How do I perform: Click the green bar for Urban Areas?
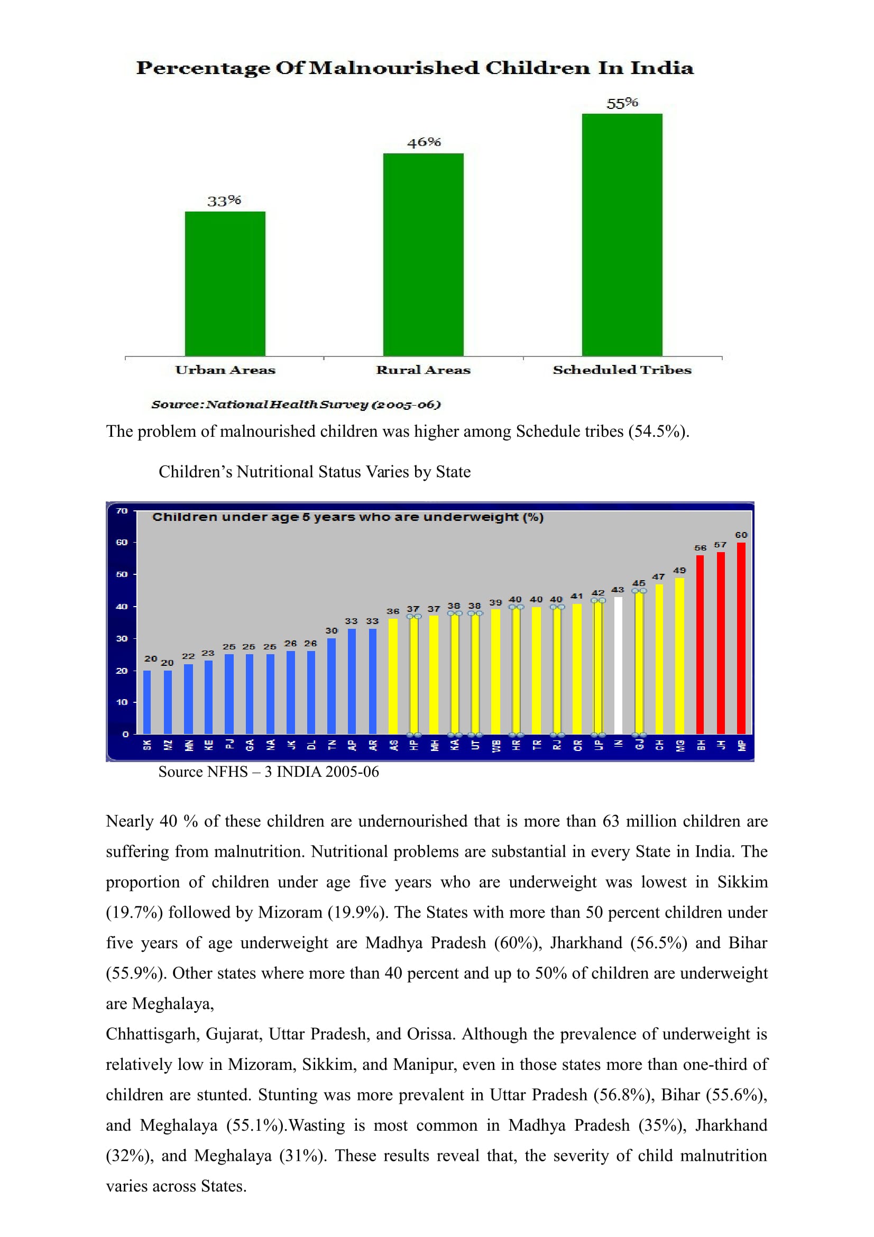click(225, 283)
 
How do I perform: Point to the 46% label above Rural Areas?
click(424, 142)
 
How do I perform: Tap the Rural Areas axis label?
click(424, 370)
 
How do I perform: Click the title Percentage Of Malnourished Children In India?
click(415, 68)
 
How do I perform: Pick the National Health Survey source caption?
click(296, 405)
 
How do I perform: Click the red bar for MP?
click(741, 638)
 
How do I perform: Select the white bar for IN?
click(618, 665)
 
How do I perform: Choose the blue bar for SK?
click(147, 702)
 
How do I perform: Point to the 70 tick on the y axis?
click(122, 511)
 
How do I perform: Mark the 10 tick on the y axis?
click(122, 702)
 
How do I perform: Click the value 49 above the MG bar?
click(679, 570)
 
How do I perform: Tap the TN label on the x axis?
click(332, 745)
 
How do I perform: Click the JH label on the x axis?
click(721, 745)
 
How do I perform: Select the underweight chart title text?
click(348, 517)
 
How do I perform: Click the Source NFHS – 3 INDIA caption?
click(268, 772)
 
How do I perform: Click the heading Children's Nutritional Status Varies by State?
click(315, 472)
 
